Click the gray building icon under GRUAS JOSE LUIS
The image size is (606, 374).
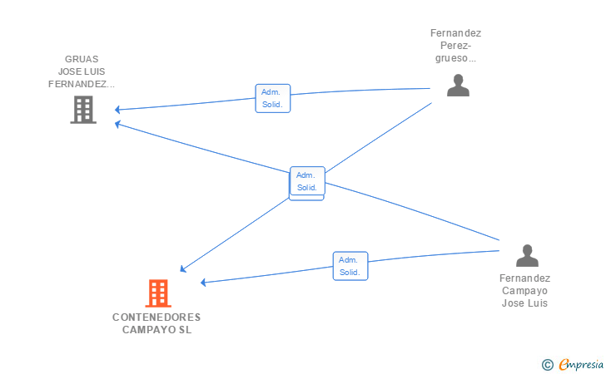pyautogui.click(x=83, y=110)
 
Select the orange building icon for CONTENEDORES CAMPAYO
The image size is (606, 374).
pyautogui.click(x=158, y=293)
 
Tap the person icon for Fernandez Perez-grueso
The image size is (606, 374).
pyautogui.click(x=458, y=86)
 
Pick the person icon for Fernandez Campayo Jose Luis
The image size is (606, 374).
pyautogui.click(x=527, y=255)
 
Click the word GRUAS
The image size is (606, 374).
pyautogui.click(x=82, y=59)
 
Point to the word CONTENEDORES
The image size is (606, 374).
pyautogui.click(x=156, y=317)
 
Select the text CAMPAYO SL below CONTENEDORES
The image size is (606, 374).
pyautogui.click(x=156, y=330)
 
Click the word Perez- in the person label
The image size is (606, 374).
pyautogui.click(x=455, y=46)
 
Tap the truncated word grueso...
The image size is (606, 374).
pyautogui.click(x=455, y=58)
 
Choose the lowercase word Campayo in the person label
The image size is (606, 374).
pyautogui.click(x=524, y=291)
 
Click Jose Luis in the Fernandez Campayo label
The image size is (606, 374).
pyautogui.click(x=524, y=303)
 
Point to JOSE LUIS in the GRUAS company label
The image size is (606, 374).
pyautogui.click(x=82, y=71)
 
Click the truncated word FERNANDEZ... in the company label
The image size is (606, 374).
pyautogui.click(x=82, y=84)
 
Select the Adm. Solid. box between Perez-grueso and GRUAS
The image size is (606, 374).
pyautogui.click(x=272, y=98)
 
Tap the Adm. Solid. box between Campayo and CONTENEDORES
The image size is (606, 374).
pyautogui.click(x=350, y=266)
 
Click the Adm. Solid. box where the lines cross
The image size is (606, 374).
pyautogui.click(x=307, y=181)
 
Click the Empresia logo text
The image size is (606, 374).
pyautogui.click(x=581, y=364)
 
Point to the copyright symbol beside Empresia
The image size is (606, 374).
pyautogui.click(x=547, y=365)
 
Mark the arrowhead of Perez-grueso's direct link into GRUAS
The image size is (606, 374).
pyautogui.click(x=117, y=110)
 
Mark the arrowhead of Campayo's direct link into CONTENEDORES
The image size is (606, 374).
pyautogui.click(x=203, y=283)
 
